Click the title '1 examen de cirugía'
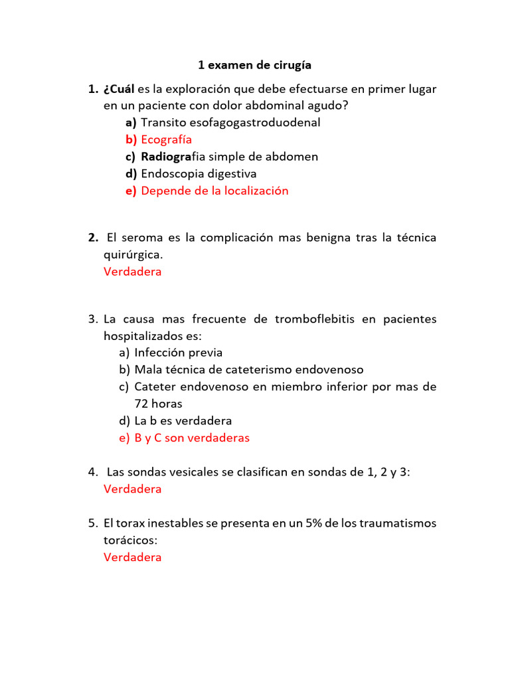[254, 65]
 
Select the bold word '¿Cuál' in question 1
[119, 88]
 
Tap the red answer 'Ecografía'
[166, 139]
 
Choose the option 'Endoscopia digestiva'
[199, 173]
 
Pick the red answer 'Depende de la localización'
[214, 191]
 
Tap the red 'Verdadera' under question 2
[132, 272]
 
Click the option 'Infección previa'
[178, 353]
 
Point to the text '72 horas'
[158, 404]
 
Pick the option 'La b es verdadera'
[183, 421]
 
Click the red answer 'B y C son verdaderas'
[191, 438]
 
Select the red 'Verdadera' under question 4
[132, 489]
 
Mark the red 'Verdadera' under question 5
[132, 557]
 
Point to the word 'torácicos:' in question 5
[130, 540]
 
